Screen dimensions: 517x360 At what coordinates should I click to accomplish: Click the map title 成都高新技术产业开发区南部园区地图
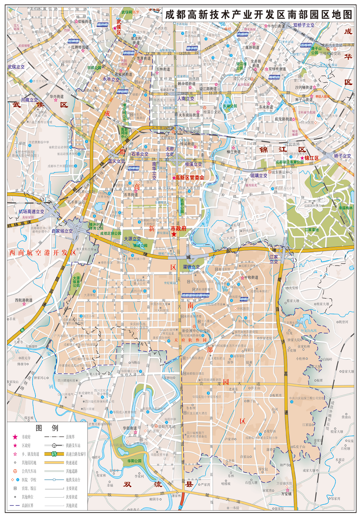(x=258, y=15)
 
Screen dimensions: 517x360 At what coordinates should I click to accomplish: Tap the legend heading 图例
(x=47, y=428)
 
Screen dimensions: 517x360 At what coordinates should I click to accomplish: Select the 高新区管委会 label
(x=189, y=178)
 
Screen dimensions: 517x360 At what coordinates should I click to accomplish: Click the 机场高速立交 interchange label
(x=32, y=211)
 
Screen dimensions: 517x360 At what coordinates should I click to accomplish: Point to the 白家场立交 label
(x=62, y=231)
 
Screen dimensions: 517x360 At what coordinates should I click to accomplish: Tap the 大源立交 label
(x=132, y=239)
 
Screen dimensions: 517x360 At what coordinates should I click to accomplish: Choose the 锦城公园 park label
(x=140, y=246)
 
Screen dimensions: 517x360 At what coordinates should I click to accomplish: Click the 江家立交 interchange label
(x=274, y=259)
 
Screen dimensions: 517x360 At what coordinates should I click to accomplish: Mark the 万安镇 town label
(x=286, y=493)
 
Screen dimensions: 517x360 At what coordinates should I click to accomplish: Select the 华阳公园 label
(x=134, y=461)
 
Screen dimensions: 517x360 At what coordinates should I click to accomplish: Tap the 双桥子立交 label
(x=304, y=25)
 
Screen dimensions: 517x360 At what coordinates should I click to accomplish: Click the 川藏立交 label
(x=29, y=100)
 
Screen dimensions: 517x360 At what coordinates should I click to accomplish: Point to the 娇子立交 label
(x=342, y=156)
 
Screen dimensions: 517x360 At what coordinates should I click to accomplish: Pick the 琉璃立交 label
(x=259, y=176)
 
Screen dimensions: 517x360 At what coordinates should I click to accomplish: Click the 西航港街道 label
(x=24, y=300)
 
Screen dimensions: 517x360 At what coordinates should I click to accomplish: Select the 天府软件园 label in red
(x=191, y=340)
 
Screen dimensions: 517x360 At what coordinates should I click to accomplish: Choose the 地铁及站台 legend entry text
(x=73, y=480)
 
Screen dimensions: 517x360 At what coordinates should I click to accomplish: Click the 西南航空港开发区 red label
(x=42, y=253)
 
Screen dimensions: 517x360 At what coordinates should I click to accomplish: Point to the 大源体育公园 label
(x=76, y=282)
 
